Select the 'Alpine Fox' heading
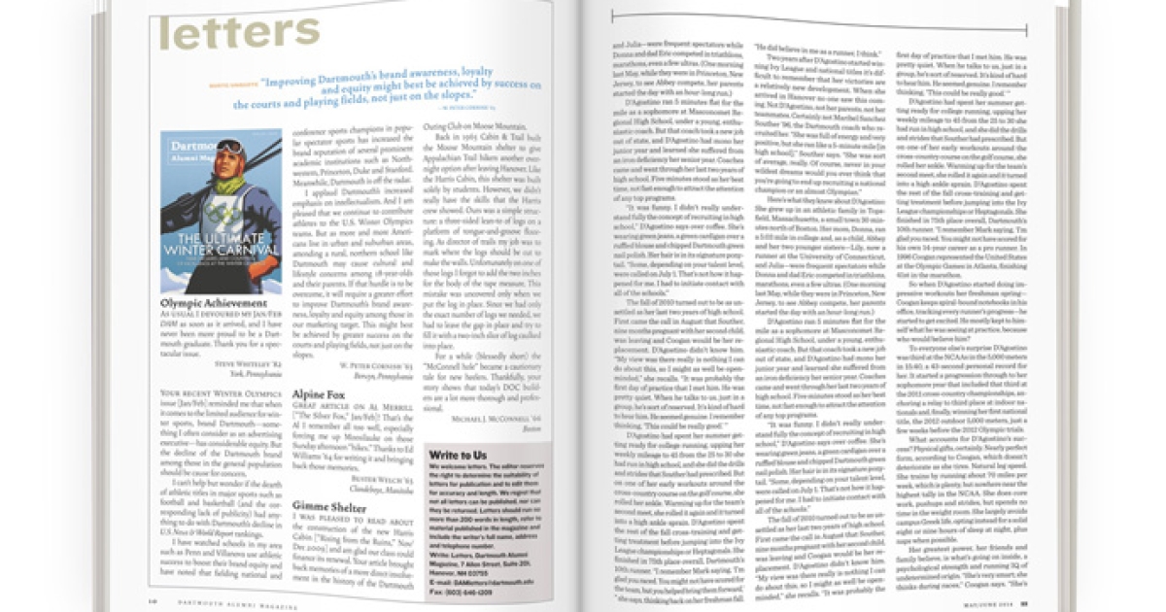321,395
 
